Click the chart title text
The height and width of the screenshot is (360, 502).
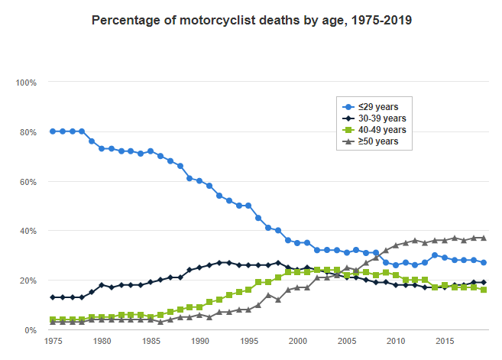click(x=252, y=21)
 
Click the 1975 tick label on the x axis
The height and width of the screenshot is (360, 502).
click(x=53, y=342)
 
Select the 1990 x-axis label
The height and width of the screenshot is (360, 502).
click(x=200, y=342)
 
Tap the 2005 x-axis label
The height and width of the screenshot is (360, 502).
click(x=348, y=342)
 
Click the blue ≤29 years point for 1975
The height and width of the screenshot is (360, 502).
click(x=53, y=131)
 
